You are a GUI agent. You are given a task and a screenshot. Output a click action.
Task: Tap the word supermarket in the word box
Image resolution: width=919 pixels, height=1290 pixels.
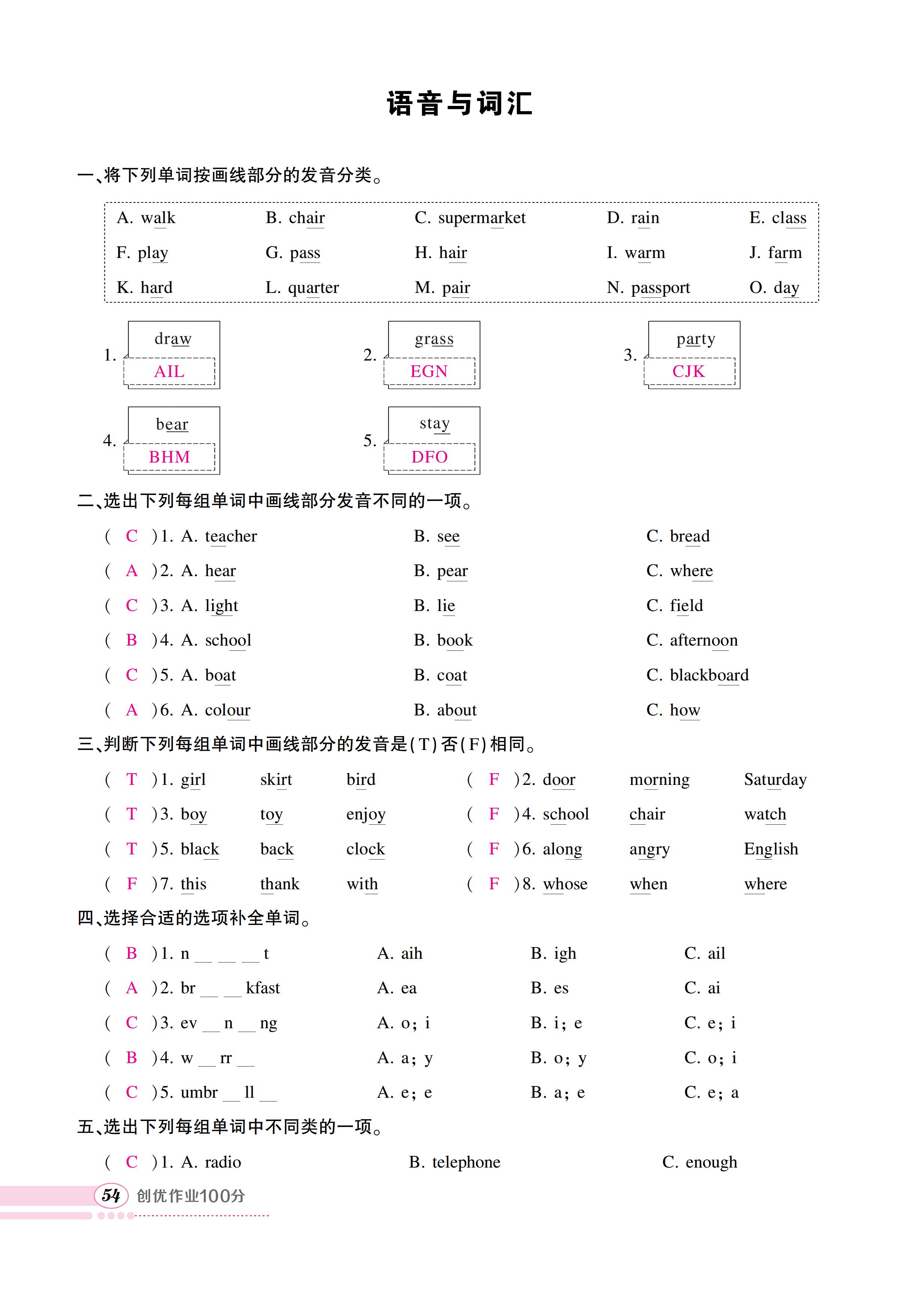(482, 218)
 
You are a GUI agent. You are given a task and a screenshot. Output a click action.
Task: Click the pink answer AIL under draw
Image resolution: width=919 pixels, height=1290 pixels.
(169, 371)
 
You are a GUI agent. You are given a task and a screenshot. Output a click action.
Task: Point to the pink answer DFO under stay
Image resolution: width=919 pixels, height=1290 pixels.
(429, 457)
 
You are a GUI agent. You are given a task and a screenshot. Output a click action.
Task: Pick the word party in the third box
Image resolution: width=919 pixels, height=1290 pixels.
(696, 339)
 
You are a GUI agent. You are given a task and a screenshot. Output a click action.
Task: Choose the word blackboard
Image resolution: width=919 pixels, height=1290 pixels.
(709, 675)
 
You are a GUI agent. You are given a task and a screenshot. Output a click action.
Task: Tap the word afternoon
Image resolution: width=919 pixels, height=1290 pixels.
(704, 640)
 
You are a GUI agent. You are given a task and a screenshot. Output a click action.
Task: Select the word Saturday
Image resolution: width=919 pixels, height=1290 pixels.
(775, 780)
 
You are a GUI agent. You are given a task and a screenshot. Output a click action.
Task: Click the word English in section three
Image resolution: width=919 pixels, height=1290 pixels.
(771, 849)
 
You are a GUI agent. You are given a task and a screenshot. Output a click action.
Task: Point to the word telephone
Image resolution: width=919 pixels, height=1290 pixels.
(466, 1162)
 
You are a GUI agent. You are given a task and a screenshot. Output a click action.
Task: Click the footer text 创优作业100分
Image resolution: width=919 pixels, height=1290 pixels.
(191, 1196)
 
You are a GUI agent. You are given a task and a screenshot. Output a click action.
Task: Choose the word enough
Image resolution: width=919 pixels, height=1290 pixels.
(711, 1162)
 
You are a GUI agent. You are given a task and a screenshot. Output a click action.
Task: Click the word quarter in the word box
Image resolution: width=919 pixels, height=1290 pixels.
(313, 288)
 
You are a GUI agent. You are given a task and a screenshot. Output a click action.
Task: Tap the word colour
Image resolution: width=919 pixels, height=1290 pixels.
(227, 711)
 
